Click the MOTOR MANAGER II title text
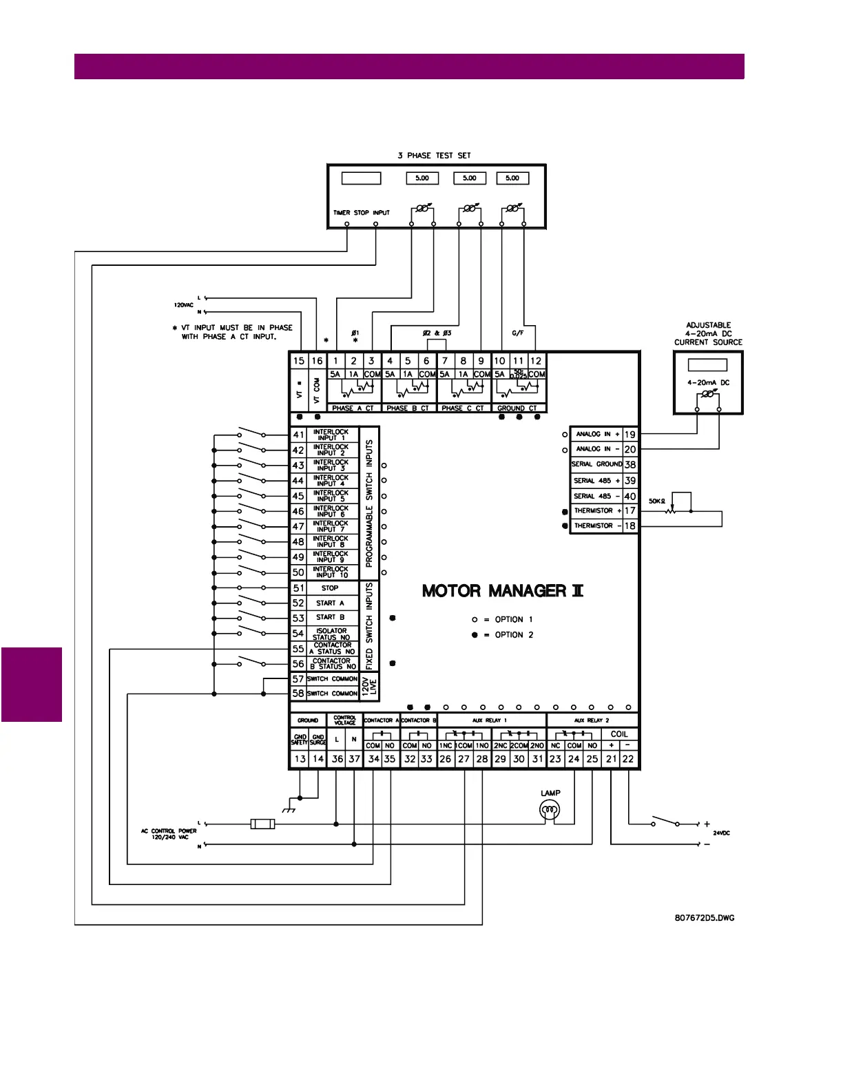coord(503,591)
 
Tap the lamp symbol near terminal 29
coord(550,810)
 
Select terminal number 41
coord(298,435)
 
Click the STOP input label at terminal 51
coord(330,588)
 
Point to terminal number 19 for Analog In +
coord(629,435)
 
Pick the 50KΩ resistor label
coord(657,501)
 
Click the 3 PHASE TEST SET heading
coord(434,156)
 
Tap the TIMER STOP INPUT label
coord(362,213)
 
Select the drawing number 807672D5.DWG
coord(705,918)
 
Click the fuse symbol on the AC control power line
coord(262,824)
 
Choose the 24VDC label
coord(721,833)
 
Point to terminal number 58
coord(298,694)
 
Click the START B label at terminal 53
coord(330,617)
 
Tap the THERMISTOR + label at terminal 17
coord(597,511)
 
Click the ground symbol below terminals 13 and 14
coord(290,809)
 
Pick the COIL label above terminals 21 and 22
coord(619,734)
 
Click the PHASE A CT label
coord(353,408)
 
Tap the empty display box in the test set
coord(361,178)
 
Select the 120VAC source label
coord(183,305)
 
